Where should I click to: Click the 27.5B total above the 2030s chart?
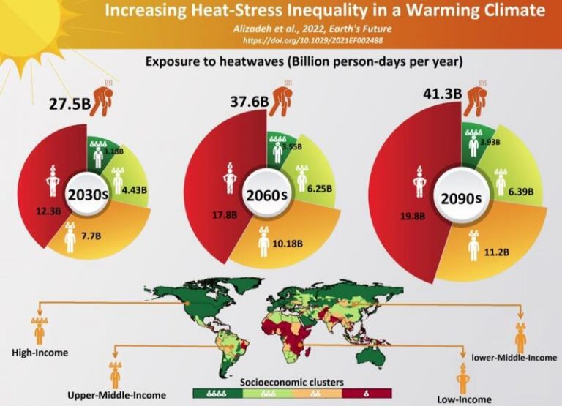[x=70, y=103]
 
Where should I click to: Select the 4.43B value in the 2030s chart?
[x=138, y=190]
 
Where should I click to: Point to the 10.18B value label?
[x=288, y=244]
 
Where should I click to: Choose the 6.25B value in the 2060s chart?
[x=320, y=188]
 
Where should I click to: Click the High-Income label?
[x=40, y=353]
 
